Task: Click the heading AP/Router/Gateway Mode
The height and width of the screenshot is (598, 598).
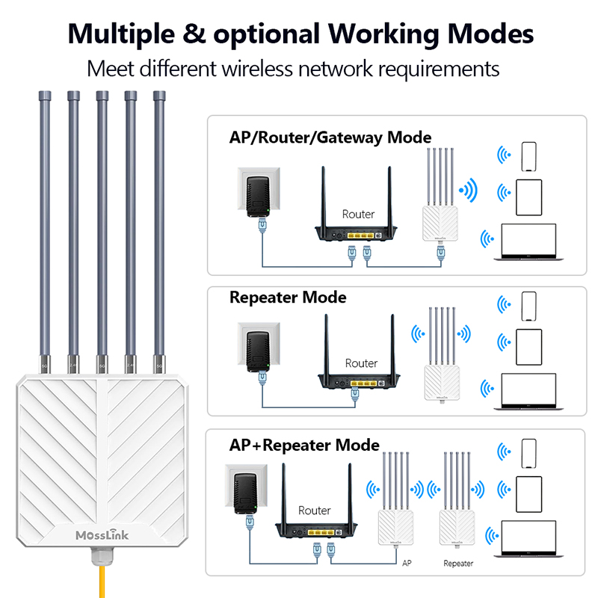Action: coord(330,138)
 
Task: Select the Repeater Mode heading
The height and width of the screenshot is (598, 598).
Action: coord(288,298)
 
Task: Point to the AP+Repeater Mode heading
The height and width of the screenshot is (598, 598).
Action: coord(304,446)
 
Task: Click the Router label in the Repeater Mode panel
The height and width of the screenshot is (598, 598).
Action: coord(361,363)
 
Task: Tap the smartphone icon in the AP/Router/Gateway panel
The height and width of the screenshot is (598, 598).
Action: coord(529,155)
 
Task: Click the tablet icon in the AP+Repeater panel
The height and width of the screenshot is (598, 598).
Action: coord(529,494)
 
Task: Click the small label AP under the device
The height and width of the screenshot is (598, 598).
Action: coord(407,562)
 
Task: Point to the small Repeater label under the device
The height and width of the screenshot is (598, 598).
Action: coord(458,563)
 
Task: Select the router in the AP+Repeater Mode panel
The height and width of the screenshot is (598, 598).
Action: coord(315,516)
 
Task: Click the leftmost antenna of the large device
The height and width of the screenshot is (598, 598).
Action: coord(43,224)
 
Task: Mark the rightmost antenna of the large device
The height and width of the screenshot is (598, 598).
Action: coord(158,224)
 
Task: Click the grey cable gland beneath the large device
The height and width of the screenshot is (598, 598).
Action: coord(103,557)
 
